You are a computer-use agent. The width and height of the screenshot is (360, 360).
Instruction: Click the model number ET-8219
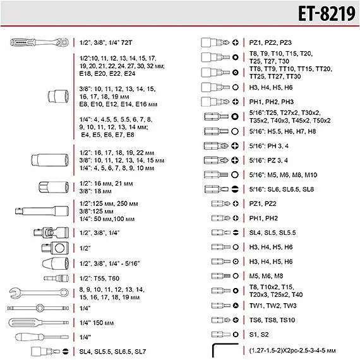[327, 13]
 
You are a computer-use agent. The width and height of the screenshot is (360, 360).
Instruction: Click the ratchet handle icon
[40, 42]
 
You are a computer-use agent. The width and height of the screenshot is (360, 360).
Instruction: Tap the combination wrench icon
[39, 292]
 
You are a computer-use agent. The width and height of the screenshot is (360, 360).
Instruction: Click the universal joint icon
[51, 233]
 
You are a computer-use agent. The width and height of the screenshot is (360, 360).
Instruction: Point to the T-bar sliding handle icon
[38, 308]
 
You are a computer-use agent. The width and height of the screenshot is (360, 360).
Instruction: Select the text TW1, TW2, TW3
[273, 306]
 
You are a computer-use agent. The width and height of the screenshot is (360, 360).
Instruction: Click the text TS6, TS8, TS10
[272, 320]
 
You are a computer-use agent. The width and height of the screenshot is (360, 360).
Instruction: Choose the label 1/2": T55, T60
[99, 279]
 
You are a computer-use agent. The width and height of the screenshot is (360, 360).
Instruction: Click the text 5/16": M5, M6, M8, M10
[283, 175]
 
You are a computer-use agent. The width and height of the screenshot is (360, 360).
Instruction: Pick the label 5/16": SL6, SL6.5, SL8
[282, 189]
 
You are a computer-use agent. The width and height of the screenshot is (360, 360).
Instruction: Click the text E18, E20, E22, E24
[107, 74]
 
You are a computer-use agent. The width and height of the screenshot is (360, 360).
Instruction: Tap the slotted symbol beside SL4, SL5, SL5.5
[236, 232]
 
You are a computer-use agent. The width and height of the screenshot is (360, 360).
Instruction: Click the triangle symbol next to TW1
[236, 306]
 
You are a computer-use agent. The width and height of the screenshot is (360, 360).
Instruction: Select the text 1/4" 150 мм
[97, 323]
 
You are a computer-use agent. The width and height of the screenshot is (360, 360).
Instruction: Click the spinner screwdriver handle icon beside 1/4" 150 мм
[39, 323]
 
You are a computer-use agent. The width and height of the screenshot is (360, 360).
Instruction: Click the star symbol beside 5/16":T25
[235, 117]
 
